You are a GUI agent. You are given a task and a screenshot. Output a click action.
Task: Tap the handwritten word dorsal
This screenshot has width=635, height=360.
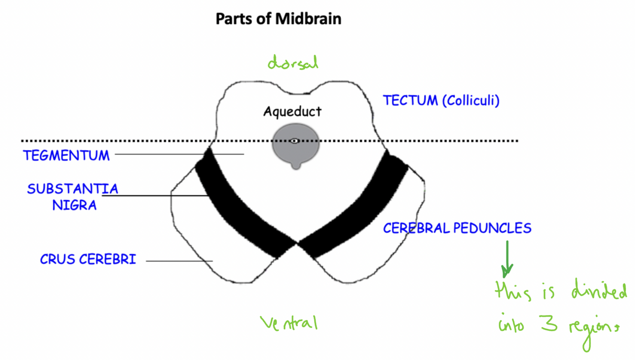pyautogui.click(x=292, y=63)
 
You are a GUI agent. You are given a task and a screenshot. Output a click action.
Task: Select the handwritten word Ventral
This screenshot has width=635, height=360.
pyautogui.click(x=288, y=323)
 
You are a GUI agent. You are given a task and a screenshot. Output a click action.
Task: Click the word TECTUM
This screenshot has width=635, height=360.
pyautogui.click(x=410, y=100)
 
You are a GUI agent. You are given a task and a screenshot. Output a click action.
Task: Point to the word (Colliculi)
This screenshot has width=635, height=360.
pyautogui.click(x=471, y=101)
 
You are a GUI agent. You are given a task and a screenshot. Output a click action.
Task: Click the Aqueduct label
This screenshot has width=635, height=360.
pyautogui.click(x=292, y=111)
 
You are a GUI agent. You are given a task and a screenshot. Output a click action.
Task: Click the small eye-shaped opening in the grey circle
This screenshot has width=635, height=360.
pyautogui.click(x=295, y=140)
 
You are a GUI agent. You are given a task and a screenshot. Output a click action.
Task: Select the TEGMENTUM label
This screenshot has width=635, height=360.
pyautogui.click(x=66, y=156)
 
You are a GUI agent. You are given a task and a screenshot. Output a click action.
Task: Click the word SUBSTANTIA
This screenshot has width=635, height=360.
pyautogui.click(x=72, y=189)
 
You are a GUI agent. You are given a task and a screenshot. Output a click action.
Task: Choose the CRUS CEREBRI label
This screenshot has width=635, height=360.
pyautogui.click(x=88, y=260)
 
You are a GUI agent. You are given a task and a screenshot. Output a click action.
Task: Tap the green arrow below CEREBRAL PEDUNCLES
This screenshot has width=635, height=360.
pyautogui.click(x=507, y=260)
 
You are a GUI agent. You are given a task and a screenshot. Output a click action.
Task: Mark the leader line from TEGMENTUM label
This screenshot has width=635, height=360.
pyautogui.click(x=179, y=154)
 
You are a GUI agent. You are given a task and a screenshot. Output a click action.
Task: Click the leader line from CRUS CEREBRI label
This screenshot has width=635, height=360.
pyautogui.click(x=179, y=261)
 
